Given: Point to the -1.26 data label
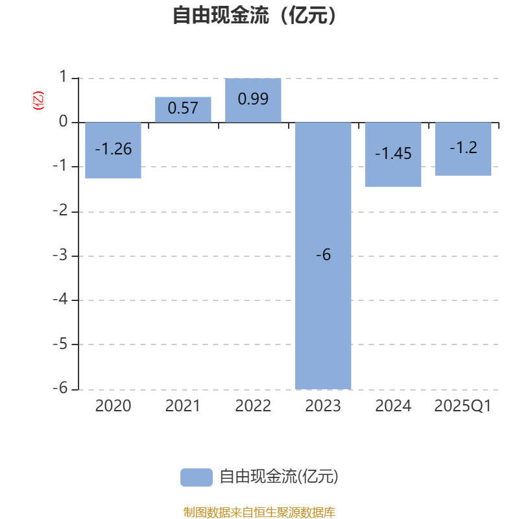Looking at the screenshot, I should click(x=113, y=149).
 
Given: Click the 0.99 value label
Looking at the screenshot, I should click(x=253, y=99).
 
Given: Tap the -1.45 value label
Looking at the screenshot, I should click(x=393, y=154).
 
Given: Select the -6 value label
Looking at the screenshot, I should click(x=323, y=256).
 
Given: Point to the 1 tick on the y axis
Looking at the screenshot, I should click(x=63, y=77).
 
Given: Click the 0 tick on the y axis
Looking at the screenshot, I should click(x=63, y=122).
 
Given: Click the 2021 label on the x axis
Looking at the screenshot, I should click(x=183, y=407).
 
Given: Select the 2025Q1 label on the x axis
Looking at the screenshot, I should click(x=463, y=407).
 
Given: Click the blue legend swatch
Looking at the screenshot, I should click(x=196, y=477).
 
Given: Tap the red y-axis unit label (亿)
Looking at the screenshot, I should click(x=38, y=101).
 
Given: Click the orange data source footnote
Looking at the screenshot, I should click(x=259, y=513).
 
